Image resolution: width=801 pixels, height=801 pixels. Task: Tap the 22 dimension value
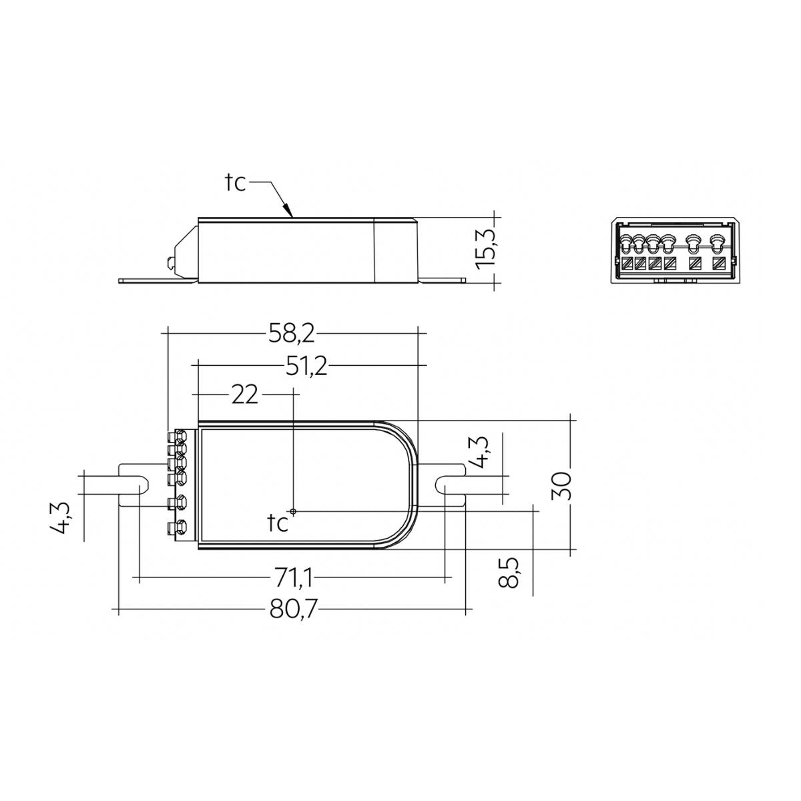point(244,395)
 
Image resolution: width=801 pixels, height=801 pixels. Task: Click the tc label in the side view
point(235,183)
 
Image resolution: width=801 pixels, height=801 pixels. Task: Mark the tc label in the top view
point(278,523)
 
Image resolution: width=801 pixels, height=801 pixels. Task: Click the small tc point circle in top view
point(293,511)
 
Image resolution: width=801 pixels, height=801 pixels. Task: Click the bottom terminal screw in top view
point(178,529)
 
